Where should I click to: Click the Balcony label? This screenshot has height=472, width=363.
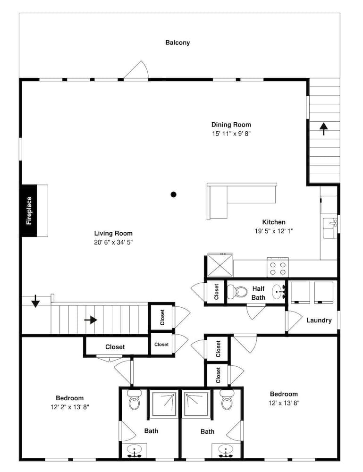pos(177,42)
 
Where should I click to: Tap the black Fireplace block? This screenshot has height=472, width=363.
pos(29,211)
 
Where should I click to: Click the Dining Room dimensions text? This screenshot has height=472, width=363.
pos(231,134)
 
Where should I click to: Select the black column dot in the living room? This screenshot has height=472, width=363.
pos(174,194)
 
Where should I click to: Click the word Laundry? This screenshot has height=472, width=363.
pos(319,320)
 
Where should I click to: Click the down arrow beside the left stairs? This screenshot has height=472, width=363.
pos(35,301)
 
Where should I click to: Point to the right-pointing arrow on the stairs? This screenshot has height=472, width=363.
pos(91,320)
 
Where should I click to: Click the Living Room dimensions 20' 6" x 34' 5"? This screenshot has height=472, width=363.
pos(113,242)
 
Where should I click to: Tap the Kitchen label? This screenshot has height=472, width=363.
pos(274,222)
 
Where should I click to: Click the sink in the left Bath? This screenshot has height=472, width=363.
pos(135,451)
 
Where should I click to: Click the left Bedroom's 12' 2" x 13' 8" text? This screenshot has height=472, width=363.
pos(70,406)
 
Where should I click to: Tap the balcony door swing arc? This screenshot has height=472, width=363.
pos(138,70)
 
